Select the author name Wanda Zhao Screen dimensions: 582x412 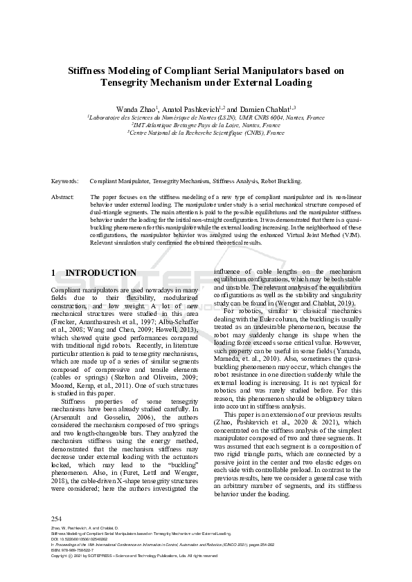(x=136, y=109)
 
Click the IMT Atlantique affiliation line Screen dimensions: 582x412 (x=206, y=125)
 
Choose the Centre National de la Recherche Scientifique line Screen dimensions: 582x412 (x=206, y=133)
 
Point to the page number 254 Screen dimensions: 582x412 (x=57, y=518)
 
